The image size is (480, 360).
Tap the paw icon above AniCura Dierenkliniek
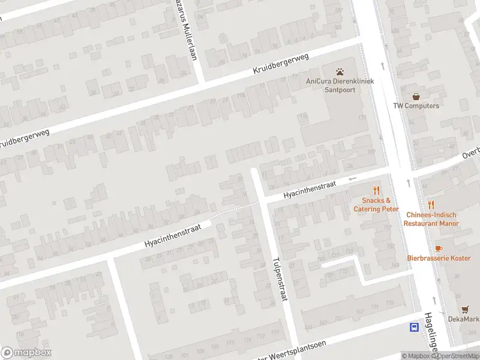[x=340, y=71]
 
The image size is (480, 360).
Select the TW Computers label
[x=416, y=106]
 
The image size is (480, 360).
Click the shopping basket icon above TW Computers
[x=416, y=95]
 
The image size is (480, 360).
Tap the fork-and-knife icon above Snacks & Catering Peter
[x=377, y=190]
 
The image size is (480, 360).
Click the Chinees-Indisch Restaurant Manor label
[x=431, y=219]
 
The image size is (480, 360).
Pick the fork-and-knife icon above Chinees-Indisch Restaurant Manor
[x=431, y=205]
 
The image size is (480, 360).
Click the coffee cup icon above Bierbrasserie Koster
[x=438, y=248]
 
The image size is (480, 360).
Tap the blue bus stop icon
[x=414, y=327]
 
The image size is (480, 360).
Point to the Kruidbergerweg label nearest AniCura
[x=280, y=64]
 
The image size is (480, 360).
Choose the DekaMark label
[x=463, y=319]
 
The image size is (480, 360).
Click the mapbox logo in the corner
[x=26, y=352]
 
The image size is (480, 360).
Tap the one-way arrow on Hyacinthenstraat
[x=353, y=178]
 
